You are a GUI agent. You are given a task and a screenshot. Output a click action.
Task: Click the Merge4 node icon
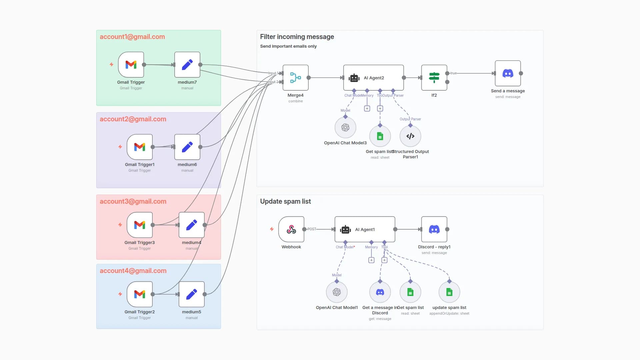[x=295, y=78]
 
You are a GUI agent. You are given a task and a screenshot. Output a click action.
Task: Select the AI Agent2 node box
[x=373, y=78]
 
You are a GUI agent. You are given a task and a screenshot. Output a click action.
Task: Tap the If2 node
[x=434, y=78]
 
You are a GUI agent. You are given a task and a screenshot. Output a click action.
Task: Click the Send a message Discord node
[x=508, y=73]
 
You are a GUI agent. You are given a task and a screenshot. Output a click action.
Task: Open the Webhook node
[x=291, y=229]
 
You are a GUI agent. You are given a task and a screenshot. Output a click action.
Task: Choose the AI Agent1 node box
[x=365, y=229]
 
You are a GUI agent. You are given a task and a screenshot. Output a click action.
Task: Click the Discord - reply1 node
[x=434, y=229]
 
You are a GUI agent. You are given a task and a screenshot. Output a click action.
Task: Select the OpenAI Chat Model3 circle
[x=345, y=127]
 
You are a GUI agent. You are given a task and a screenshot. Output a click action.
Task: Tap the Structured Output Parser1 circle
[x=410, y=136]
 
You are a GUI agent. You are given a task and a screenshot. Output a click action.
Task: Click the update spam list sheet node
[x=449, y=292]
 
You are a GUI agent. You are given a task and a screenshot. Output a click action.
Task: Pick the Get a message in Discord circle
[x=380, y=292]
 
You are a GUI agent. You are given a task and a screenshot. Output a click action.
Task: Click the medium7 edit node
[x=187, y=65]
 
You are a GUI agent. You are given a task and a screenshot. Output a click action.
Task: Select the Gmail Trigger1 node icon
[x=140, y=147]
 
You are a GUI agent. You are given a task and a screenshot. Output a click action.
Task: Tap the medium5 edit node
[x=192, y=294]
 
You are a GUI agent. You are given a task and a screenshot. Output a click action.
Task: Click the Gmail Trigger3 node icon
[x=140, y=225]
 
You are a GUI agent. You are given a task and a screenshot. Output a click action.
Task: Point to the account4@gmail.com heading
[x=133, y=271]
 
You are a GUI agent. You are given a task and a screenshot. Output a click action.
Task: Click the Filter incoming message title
[x=297, y=37]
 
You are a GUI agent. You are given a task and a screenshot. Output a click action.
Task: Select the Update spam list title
[x=285, y=201]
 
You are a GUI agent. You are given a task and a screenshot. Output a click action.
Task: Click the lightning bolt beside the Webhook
[x=272, y=229]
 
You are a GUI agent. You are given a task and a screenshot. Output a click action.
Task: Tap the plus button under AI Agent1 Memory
[x=371, y=260]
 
